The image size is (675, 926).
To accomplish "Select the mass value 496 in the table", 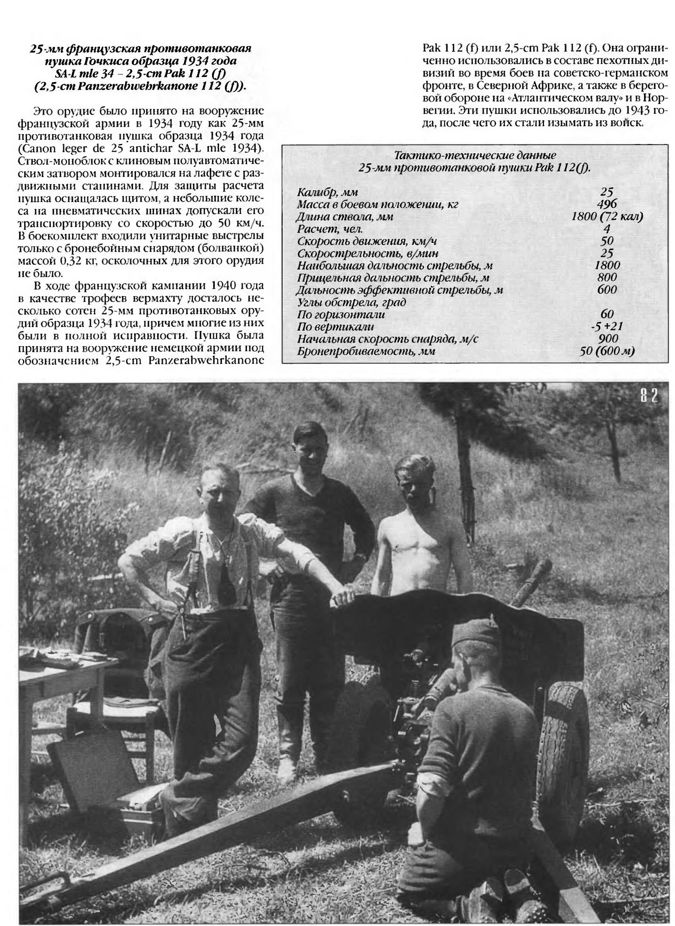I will tap(607, 204).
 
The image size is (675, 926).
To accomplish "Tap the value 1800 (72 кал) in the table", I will tap(607, 216).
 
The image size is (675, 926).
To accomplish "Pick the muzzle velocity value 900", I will tap(607, 338).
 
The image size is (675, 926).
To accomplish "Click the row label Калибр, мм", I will tap(328, 192).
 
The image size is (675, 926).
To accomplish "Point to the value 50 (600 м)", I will tap(607, 351).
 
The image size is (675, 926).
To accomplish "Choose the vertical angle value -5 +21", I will tap(607, 326).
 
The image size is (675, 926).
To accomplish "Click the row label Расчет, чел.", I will tap(330, 229).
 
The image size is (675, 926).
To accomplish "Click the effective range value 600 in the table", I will tap(607, 290).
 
